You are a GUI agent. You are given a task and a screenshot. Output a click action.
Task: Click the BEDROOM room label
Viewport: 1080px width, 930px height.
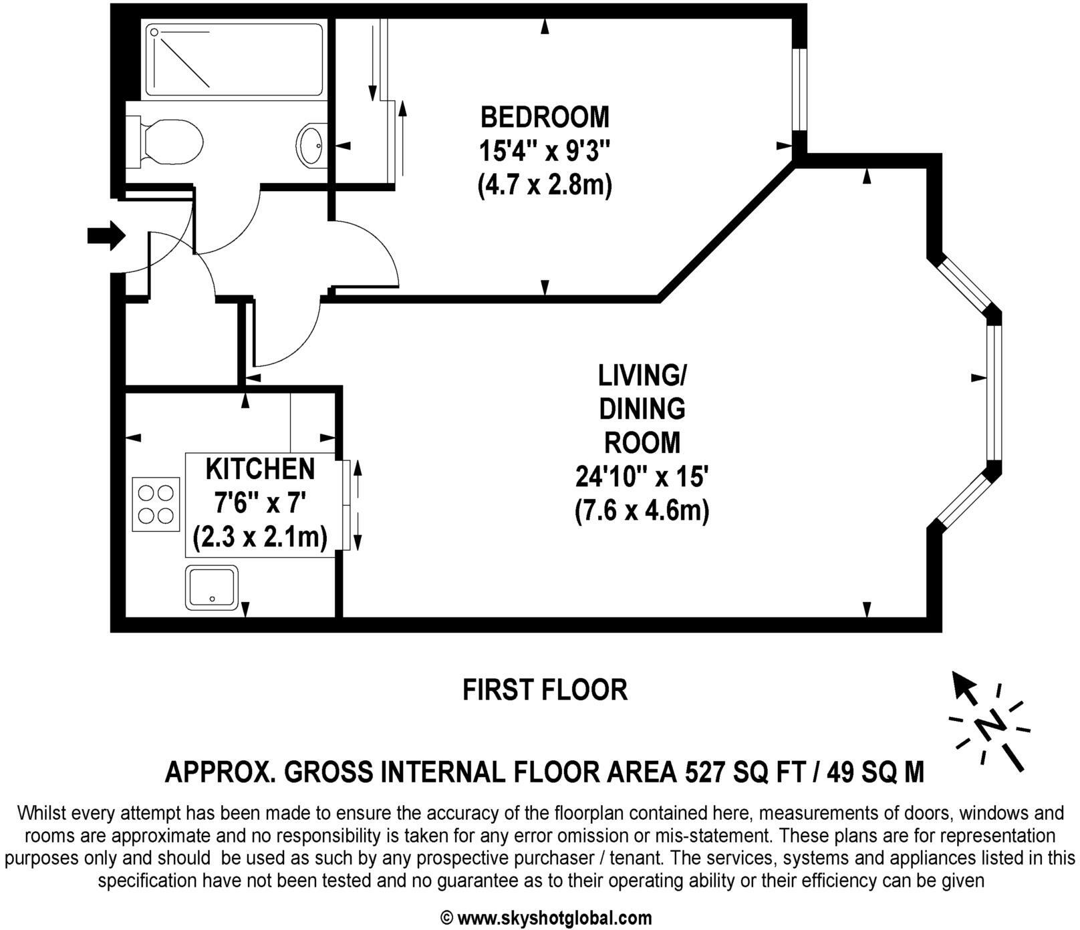pyautogui.click(x=545, y=117)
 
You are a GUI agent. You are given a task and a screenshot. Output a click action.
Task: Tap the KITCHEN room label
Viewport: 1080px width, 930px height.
pyautogui.click(x=260, y=469)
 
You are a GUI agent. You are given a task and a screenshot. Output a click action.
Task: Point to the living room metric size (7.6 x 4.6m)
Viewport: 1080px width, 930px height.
pyautogui.click(x=642, y=512)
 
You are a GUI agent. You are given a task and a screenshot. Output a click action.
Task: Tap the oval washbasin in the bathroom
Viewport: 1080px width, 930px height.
pyautogui.click(x=311, y=143)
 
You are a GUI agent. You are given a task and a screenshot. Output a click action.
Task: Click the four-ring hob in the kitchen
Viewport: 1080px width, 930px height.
pyautogui.click(x=156, y=504)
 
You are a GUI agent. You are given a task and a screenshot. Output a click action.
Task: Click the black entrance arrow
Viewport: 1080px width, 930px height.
pyautogui.click(x=106, y=235)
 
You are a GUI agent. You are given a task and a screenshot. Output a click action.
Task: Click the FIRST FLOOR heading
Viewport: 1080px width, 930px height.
pyautogui.click(x=545, y=689)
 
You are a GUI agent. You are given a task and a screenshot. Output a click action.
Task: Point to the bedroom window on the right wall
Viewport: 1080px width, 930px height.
pyautogui.click(x=799, y=89)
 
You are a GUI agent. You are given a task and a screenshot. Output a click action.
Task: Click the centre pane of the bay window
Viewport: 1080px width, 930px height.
pyautogui.click(x=994, y=393)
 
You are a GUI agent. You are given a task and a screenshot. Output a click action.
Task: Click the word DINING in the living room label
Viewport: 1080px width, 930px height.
pyautogui.click(x=642, y=409)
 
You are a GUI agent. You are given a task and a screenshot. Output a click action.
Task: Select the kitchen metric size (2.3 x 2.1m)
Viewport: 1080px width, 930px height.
pyautogui.click(x=260, y=537)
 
